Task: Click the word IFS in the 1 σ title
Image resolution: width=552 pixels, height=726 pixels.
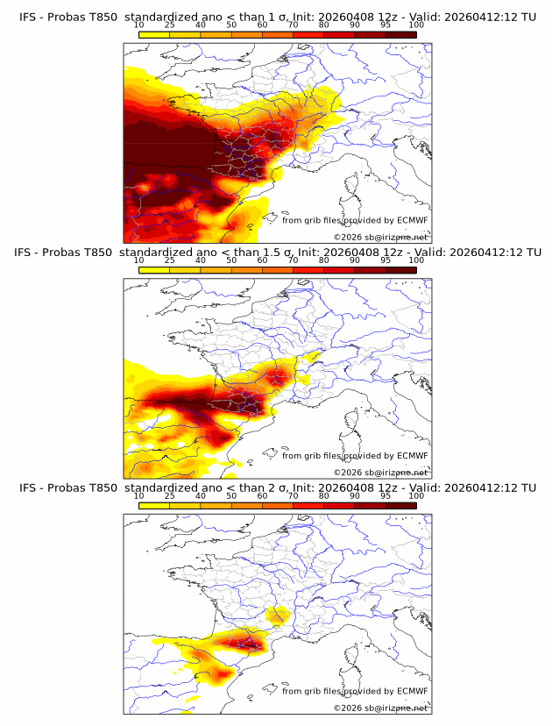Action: click(30, 16)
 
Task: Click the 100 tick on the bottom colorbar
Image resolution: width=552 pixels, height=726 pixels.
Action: click(416, 495)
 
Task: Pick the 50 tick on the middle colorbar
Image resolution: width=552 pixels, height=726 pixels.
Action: click(231, 260)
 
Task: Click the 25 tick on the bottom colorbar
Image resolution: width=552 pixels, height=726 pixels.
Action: click(170, 495)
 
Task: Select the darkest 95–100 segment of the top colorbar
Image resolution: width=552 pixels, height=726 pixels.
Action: click(400, 34)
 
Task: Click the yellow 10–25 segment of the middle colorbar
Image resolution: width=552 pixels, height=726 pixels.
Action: click(154, 270)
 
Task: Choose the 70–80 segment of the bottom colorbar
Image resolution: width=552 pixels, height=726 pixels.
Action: click(308, 506)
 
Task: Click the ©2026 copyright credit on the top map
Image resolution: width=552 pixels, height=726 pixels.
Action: click(380, 237)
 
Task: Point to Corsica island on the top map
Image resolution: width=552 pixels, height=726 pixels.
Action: click(354, 188)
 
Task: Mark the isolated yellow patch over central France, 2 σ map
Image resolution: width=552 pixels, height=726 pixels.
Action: click(278, 616)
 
